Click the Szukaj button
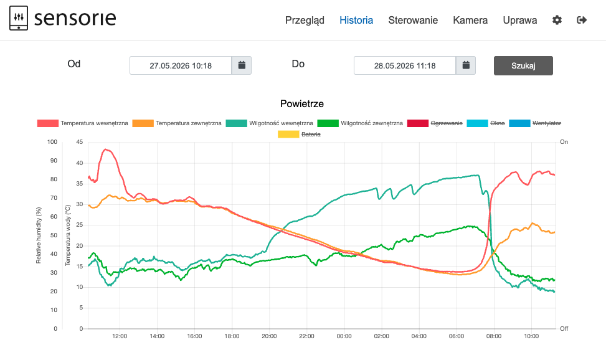523,66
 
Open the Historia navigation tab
356,20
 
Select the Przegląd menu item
305,21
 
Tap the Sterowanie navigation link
413,20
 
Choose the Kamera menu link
470,20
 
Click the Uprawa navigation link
520,21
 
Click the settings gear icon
557,20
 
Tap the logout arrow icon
582,20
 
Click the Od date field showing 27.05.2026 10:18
181,66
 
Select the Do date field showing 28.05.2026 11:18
405,66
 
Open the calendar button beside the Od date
242,65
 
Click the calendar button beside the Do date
466,65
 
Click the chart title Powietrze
302,103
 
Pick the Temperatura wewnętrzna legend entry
83,123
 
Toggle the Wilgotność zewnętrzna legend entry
360,123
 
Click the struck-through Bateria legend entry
300,135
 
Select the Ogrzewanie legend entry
435,123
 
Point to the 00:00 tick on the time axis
344,336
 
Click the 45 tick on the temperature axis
80,142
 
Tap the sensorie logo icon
19,18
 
